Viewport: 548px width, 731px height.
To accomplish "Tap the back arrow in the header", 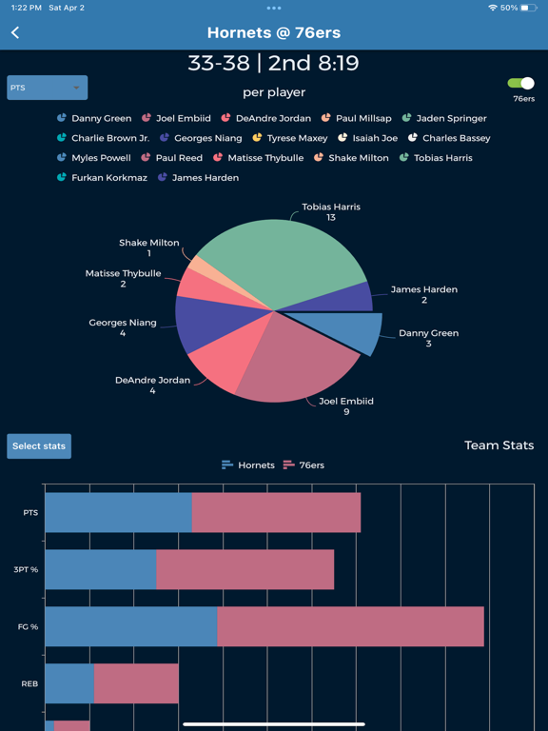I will [x=15, y=32].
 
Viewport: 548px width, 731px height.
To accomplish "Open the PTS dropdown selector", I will [x=47, y=88].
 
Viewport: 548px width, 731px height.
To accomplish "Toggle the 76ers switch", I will [x=521, y=84].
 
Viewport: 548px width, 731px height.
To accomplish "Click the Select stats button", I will [x=39, y=446].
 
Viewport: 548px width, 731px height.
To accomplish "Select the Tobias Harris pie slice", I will [x=285, y=262].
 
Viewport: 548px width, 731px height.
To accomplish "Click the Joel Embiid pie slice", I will [x=295, y=362].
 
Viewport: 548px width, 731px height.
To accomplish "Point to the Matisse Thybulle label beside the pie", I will [x=123, y=278].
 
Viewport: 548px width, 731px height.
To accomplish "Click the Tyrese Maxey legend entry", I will [x=290, y=138].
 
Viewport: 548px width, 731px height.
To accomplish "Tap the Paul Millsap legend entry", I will [x=357, y=118].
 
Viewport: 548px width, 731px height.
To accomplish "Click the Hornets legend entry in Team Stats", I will [x=247, y=465].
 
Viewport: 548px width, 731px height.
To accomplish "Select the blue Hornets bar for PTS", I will [x=118, y=512].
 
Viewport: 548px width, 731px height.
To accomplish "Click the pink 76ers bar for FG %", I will [x=350, y=626].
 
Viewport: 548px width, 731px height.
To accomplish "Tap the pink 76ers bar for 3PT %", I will [x=245, y=569].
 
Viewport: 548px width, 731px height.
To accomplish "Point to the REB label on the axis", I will [x=29, y=683].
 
